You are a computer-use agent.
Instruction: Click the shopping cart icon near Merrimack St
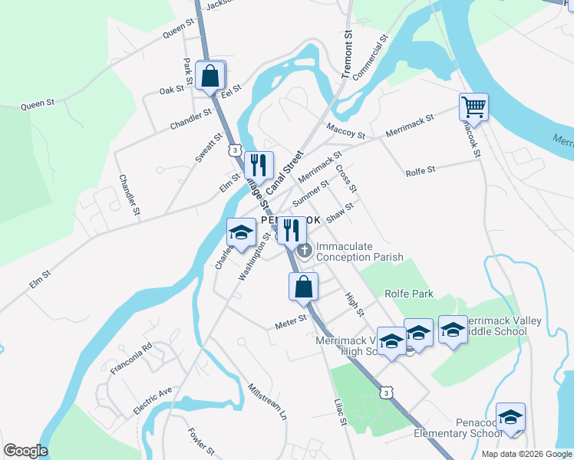pyautogui.click(x=473, y=107)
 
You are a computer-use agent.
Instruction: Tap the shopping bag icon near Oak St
pyautogui.click(x=209, y=77)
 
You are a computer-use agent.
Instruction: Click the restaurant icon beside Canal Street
pyautogui.click(x=258, y=164)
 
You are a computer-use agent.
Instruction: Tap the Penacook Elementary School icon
pyautogui.click(x=510, y=417)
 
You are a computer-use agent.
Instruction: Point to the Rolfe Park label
pyautogui.click(x=410, y=294)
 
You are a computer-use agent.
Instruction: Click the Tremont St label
pyautogui.click(x=347, y=56)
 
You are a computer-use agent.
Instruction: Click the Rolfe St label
pyautogui.click(x=420, y=169)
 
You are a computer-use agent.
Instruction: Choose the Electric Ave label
pyautogui.click(x=153, y=400)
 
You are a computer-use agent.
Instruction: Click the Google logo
pyautogui.click(x=25, y=451)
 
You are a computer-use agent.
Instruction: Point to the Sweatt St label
pyautogui.click(x=208, y=146)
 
